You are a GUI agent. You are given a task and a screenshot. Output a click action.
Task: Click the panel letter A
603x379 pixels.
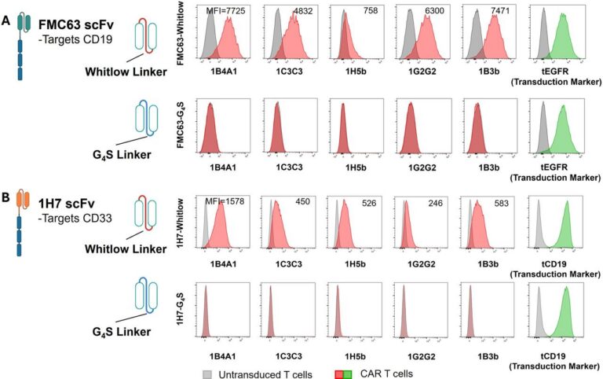[6, 22]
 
